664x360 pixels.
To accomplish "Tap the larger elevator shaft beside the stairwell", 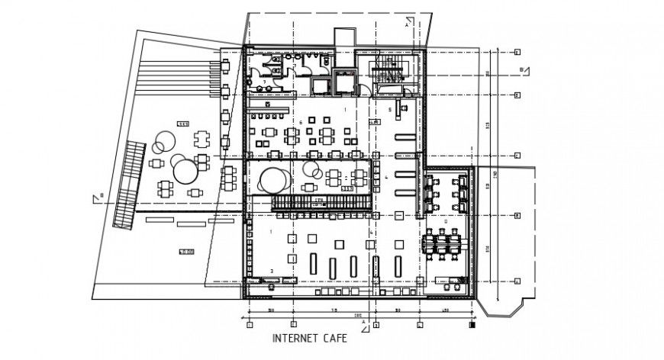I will pos(344,81).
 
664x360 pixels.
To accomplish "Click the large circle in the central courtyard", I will pos(274,180).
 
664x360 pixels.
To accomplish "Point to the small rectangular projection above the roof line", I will pos(345,38).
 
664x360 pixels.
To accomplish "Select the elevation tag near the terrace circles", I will pos(182,124).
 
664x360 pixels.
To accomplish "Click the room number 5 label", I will pos(390,110).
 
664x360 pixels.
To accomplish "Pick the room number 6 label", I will pos(301,121).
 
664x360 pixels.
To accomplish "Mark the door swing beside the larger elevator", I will pos(366,89).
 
